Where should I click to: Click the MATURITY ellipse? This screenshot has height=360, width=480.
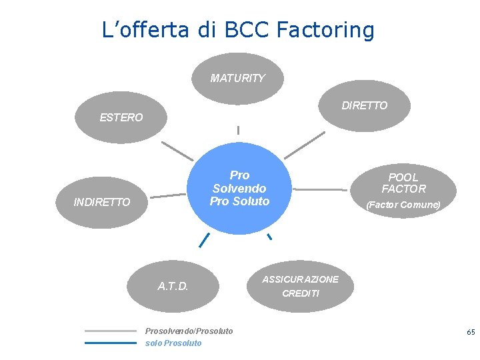(237, 79)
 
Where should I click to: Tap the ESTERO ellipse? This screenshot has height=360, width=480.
(121, 117)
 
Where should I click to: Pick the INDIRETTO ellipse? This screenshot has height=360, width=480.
(102, 202)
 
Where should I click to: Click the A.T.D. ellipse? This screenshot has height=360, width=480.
(173, 287)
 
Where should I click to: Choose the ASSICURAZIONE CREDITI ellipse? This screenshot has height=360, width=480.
(301, 286)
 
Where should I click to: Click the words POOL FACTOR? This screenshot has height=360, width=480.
(403, 183)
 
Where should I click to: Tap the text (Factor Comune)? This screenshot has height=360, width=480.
(403, 205)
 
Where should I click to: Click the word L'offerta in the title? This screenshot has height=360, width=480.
(145, 29)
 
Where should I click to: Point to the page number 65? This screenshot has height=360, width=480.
(471, 331)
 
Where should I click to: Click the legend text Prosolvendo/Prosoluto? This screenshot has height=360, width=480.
(189, 331)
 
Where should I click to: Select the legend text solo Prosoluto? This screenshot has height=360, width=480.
(173, 343)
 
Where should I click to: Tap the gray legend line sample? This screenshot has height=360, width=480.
(110, 331)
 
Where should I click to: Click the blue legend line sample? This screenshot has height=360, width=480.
(110, 343)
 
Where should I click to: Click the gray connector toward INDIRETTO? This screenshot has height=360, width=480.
(168, 196)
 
